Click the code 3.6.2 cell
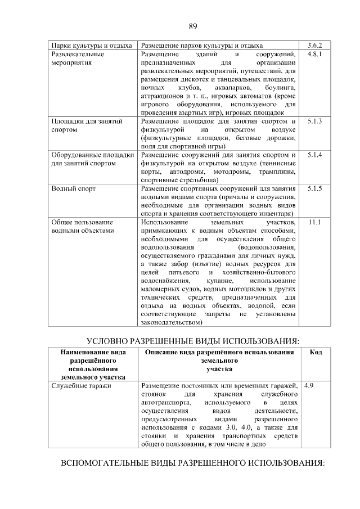(314, 45)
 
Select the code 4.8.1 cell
(314, 55)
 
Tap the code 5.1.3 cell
(314, 121)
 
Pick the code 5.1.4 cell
(314, 155)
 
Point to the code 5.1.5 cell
(314, 188)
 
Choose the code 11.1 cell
(314, 222)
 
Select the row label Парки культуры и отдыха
(91, 45)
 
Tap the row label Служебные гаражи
(81, 386)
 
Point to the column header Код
(316, 352)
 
